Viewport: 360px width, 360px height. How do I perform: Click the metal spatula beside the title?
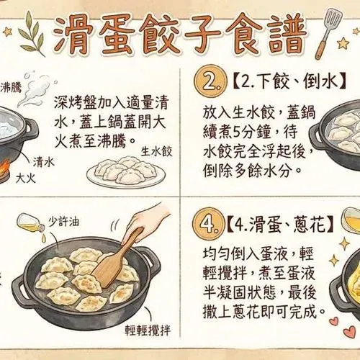(328, 34)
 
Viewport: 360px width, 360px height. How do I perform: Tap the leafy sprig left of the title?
(32, 34)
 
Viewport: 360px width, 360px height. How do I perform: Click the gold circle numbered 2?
(210, 81)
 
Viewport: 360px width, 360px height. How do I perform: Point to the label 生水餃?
(156, 152)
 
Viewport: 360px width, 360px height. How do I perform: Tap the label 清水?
(44, 162)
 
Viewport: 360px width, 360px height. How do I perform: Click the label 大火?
(26, 179)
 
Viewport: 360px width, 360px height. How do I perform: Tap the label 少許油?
(63, 222)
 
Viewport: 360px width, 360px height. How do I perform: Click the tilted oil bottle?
(31, 223)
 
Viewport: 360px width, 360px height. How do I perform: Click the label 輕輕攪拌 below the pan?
(148, 330)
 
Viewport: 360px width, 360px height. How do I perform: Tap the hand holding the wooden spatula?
(147, 222)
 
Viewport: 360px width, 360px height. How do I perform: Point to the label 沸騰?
(11, 88)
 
